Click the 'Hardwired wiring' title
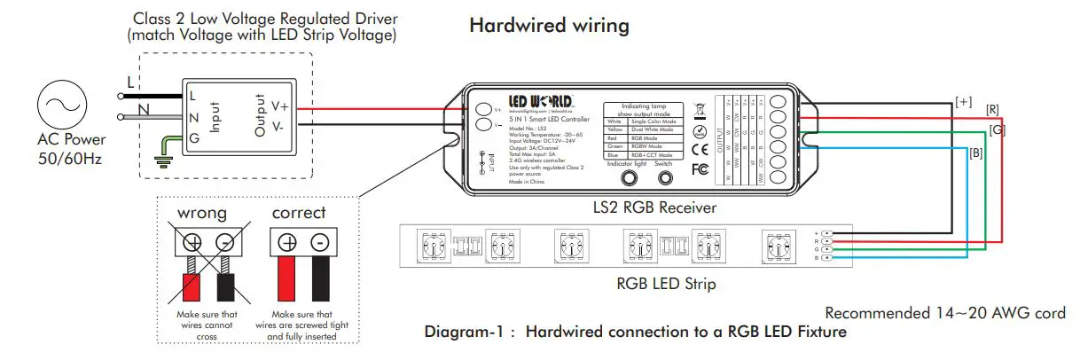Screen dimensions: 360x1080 click(x=549, y=26)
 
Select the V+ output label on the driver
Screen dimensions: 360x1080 click(x=279, y=106)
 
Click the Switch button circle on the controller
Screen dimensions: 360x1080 click(x=663, y=179)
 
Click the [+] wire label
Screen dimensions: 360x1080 click(x=963, y=101)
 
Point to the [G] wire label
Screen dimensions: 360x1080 click(x=998, y=129)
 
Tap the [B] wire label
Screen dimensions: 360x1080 click(x=975, y=154)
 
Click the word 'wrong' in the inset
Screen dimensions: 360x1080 click(x=203, y=214)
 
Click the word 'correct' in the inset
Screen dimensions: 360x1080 click(x=299, y=214)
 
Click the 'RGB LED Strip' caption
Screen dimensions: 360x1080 click(x=666, y=285)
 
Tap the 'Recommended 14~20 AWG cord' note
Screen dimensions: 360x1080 click(x=945, y=313)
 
